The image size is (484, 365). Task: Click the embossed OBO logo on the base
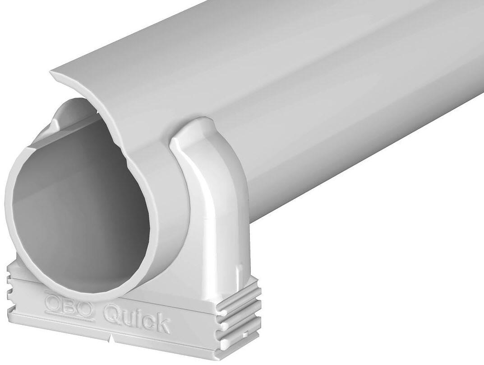(69, 305)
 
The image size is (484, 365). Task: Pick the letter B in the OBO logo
(69, 305)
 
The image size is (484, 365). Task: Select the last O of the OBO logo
(85, 309)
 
